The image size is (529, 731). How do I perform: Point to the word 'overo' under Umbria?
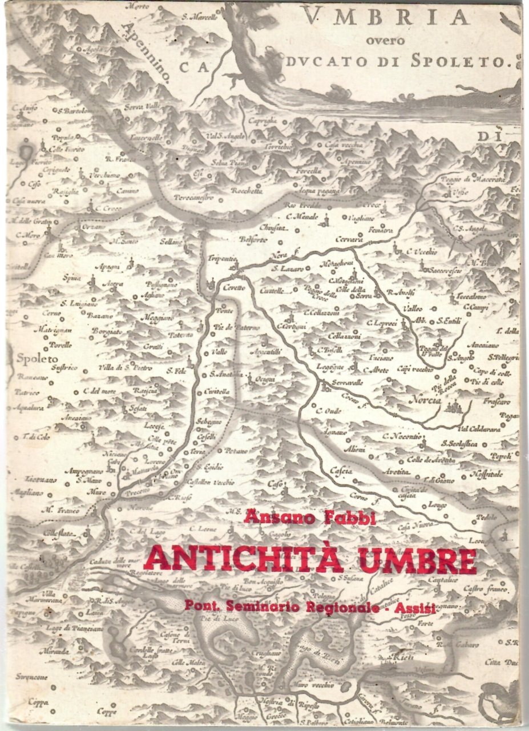click(386, 41)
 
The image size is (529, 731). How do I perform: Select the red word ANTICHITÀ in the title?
click(243, 560)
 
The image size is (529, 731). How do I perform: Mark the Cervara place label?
click(350, 240)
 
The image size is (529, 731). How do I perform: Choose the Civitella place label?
click(217, 392)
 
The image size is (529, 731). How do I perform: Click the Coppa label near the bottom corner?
click(39, 702)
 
